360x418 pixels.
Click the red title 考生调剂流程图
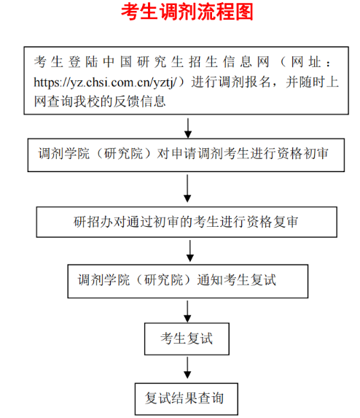click(187, 12)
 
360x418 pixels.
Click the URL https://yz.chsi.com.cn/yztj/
click(105, 82)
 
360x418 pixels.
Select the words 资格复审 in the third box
click(272, 222)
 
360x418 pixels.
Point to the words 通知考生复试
click(236, 280)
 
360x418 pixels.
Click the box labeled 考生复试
click(187, 338)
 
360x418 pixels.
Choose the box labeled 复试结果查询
click(186, 399)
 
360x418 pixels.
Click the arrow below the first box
click(188, 128)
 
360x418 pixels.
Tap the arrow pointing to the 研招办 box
click(187, 188)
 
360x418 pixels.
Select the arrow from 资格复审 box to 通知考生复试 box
click(190, 251)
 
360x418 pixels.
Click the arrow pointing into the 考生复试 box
click(187, 311)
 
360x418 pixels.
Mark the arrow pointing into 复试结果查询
click(187, 368)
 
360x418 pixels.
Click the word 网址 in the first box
click(306, 62)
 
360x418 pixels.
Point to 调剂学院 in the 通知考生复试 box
click(103, 280)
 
